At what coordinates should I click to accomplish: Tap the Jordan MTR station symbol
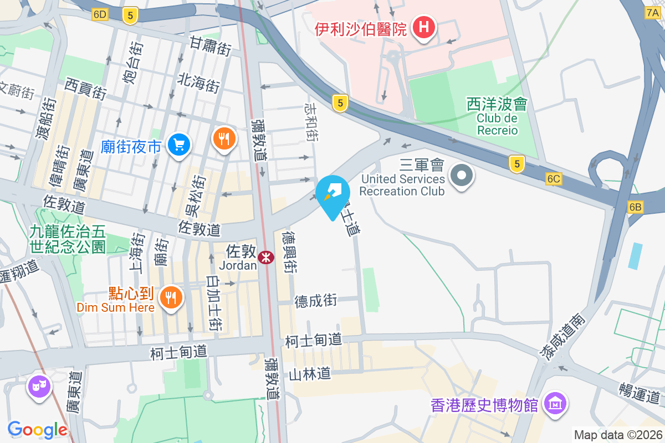[265, 256]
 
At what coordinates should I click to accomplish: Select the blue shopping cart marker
[178, 145]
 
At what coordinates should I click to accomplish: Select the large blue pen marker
[332, 193]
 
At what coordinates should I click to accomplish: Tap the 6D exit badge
[100, 15]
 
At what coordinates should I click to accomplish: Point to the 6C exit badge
[554, 178]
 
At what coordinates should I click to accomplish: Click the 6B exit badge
[635, 207]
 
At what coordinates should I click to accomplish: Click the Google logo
[37, 430]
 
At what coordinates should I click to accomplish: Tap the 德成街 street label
[315, 301]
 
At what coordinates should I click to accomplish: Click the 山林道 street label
[310, 375]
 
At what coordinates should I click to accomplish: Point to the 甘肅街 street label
[211, 45]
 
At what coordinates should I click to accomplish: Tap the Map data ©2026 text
[617, 435]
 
